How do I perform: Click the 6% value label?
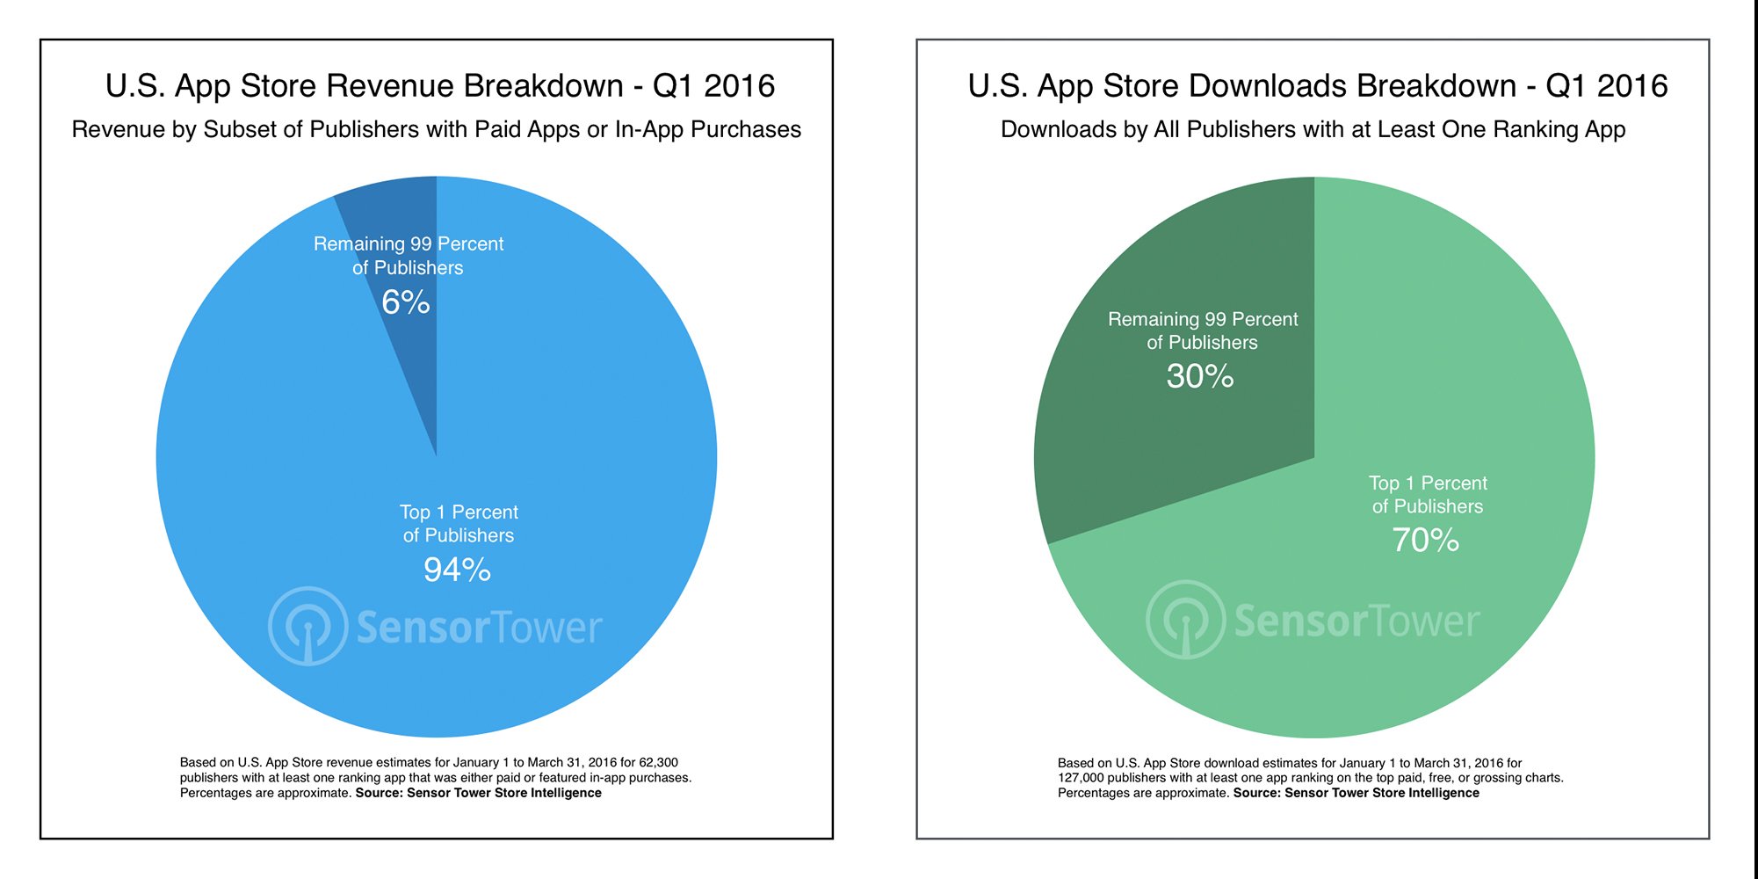(x=405, y=302)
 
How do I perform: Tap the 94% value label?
(x=457, y=570)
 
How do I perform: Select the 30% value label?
(x=1200, y=376)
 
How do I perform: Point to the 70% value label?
(x=1425, y=540)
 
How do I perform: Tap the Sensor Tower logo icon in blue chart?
(x=307, y=626)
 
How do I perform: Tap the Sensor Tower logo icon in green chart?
(x=1185, y=620)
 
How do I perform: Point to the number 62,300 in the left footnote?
(x=658, y=763)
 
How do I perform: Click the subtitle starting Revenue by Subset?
(x=436, y=129)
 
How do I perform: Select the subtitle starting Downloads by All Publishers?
(x=1313, y=129)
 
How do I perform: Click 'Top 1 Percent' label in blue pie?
(x=459, y=512)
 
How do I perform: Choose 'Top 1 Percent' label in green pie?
(x=1428, y=483)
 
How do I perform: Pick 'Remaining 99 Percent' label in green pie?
(x=1202, y=319)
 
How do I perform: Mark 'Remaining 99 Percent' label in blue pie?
(x=409, y=244)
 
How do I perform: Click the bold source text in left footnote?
(x=478, y=793)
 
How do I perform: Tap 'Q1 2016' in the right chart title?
(x=1606, y=86)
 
